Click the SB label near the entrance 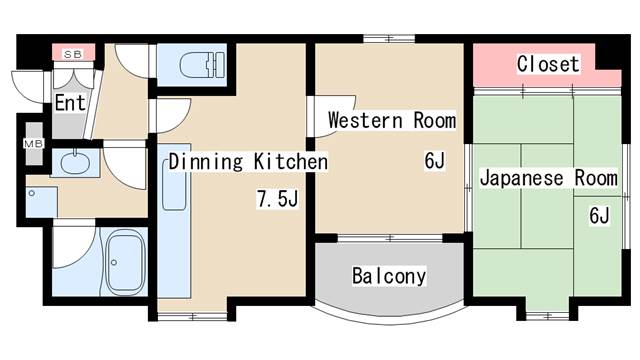click(73, 52)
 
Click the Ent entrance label click(70, 102)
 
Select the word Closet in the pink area click(548, 64)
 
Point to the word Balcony click(389, 276)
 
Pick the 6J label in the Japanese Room click(599, 215)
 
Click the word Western click(365, 121)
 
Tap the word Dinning click(198, 161)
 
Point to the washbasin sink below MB click(73, 163)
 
